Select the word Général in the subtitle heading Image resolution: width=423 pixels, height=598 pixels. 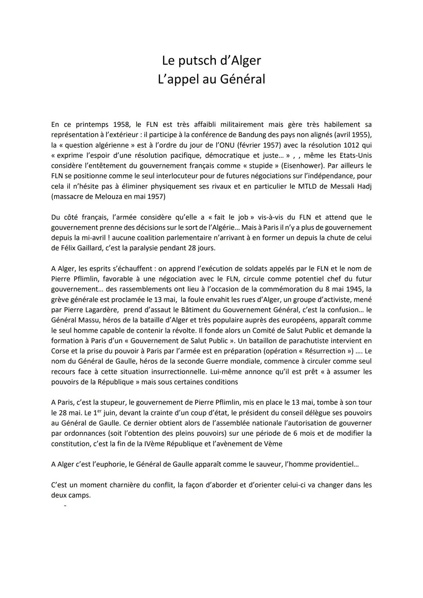(x=242, y=79)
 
